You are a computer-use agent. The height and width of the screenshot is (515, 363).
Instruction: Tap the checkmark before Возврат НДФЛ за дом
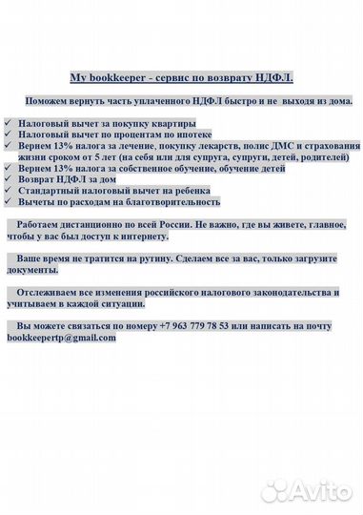[x=9, y=178]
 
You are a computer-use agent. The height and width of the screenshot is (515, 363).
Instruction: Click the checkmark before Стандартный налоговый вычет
[x=9, y=190]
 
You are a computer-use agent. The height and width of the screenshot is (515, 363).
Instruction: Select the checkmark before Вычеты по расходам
[x=9, y=201]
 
